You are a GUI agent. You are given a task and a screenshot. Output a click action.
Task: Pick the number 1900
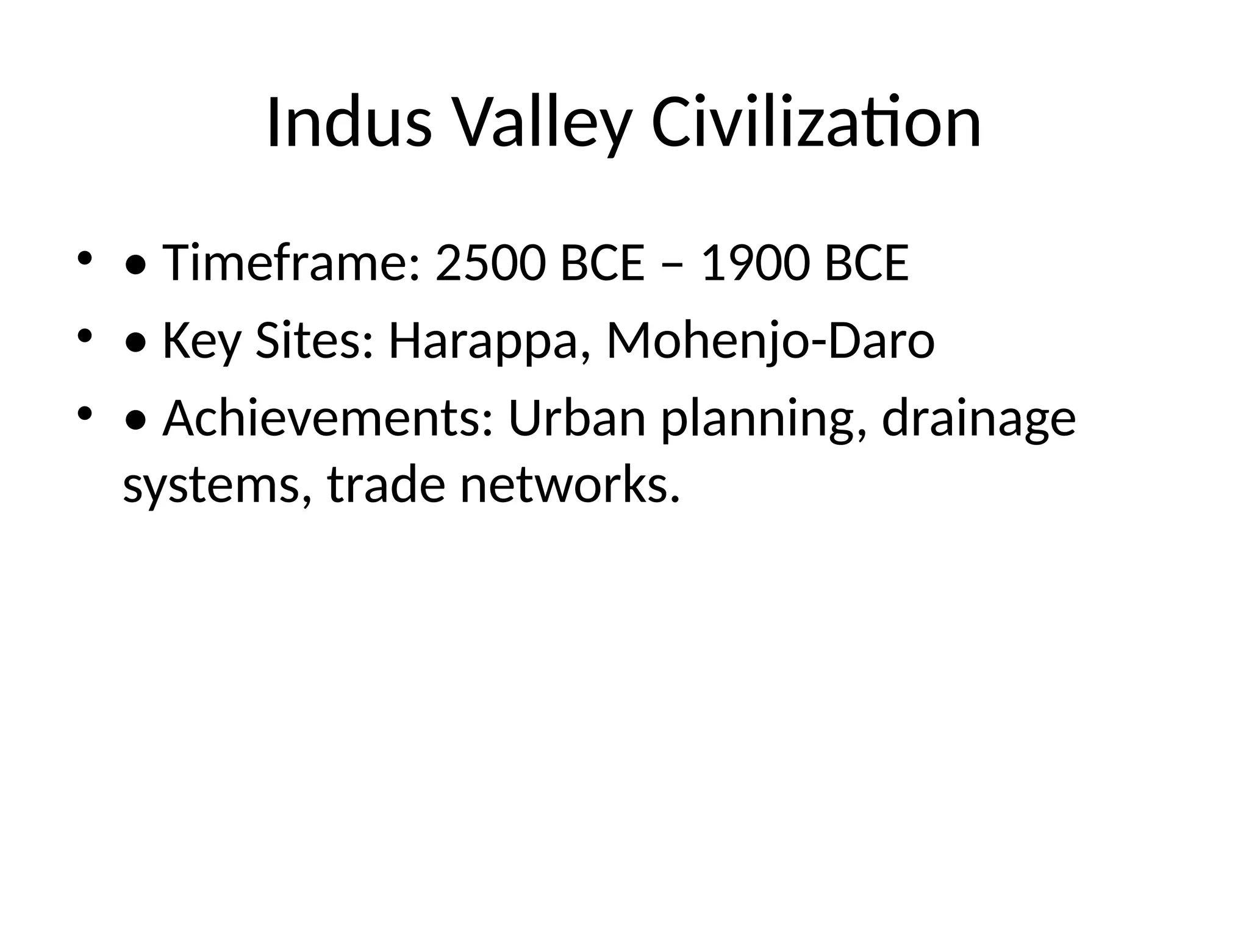755,263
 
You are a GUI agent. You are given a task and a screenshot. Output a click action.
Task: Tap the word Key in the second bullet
201,341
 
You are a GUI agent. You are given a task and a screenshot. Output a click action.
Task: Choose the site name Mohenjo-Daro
770,341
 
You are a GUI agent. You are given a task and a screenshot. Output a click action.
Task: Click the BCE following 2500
602,263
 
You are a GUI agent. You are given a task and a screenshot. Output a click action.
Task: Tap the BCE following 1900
867,263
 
